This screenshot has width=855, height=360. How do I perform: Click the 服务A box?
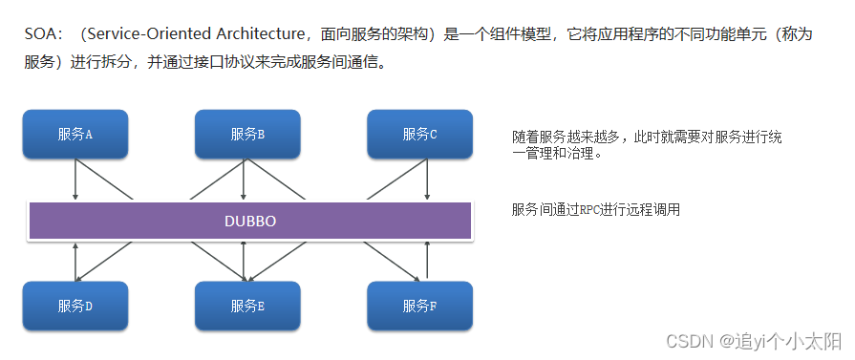75,134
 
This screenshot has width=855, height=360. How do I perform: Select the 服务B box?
247,134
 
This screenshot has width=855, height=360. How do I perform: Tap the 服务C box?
419,134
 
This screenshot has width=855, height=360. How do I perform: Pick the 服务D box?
75,306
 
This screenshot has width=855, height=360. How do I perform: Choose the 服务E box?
247,306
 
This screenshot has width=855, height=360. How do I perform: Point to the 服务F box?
419,306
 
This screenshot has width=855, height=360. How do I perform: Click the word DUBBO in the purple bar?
249,221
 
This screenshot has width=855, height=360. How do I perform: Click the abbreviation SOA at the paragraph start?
42,33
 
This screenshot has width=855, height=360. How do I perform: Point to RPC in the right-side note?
594,210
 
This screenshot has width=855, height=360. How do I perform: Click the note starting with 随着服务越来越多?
647,145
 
